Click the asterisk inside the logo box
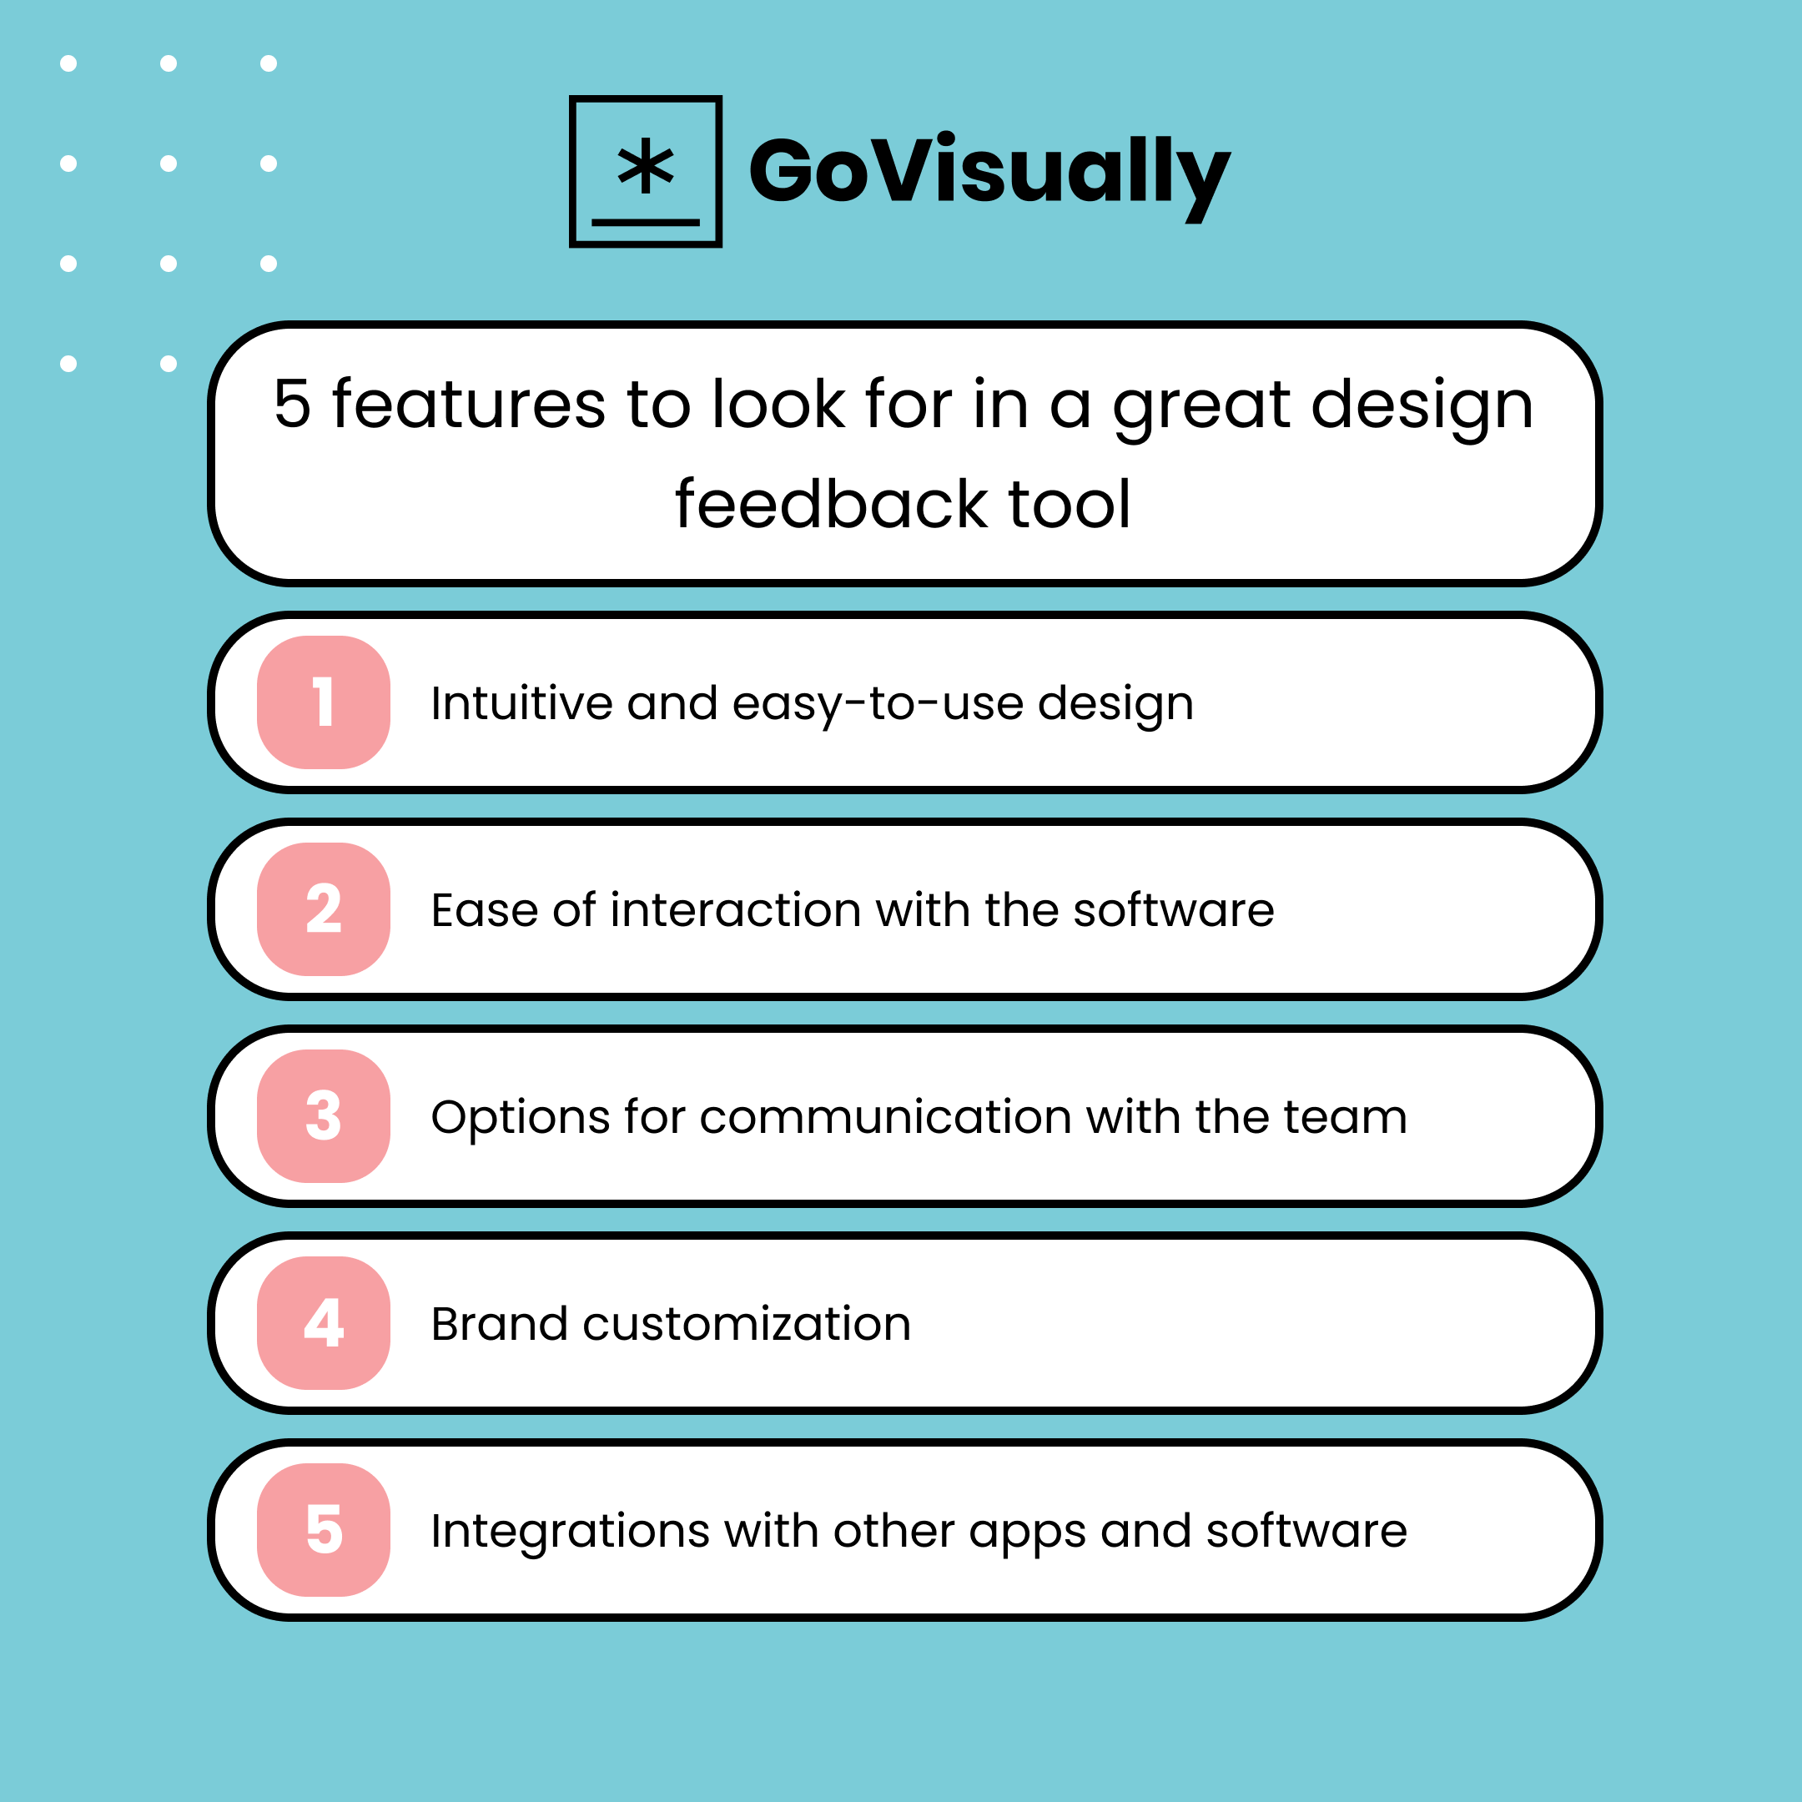click(645, 168)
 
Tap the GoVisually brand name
click(989, 172)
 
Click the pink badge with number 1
click(323, 702)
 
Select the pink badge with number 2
click(323, 909)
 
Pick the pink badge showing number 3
click(323, 1116)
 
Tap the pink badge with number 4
click(323, 1323)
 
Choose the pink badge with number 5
click(323, 1531)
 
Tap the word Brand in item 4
click(499, 1325)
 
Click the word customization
click(746, 1325)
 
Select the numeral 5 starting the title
click(292, 405)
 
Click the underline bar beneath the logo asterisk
click(645, 223)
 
